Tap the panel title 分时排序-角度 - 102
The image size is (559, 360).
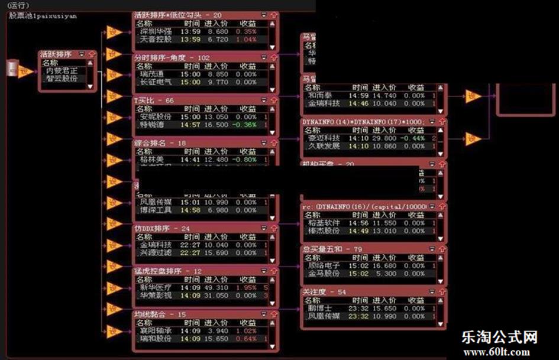[x=172, y=58]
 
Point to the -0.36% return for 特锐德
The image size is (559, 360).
[x=243, y=125]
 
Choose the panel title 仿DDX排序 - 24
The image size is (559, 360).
[x=162, y=228]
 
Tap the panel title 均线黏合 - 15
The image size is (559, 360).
[x=160, y=314]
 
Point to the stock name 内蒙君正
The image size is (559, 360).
[x=62, y=70]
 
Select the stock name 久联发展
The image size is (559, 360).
[x=324, y=145]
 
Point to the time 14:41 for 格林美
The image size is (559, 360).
[x=192, y=159]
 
